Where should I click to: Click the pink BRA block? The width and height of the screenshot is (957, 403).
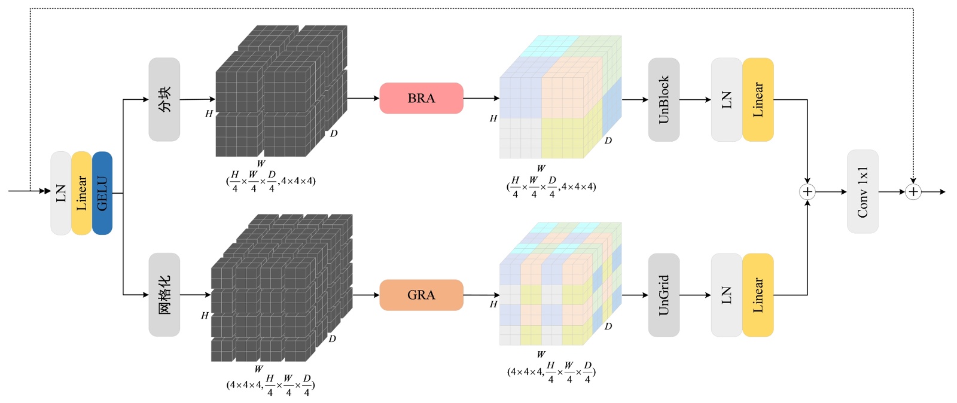pos(421,98)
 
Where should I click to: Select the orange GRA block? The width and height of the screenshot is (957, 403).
pos(421,295)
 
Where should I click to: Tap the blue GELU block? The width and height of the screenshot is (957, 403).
pos(102,193)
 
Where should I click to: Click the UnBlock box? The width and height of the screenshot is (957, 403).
pos(664,99)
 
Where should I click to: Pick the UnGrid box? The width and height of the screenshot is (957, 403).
pos(664,295)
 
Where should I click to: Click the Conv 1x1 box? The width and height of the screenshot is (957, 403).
pos(863,192)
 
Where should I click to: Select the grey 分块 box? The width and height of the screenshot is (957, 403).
pos(164,99)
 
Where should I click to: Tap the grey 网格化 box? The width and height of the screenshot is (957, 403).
pos(164,295)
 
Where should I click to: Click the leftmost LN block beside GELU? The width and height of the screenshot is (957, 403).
pos(61,193)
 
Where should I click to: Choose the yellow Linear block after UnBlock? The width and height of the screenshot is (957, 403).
pos(758,99)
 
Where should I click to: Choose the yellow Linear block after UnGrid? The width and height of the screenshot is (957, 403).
pos(758,295)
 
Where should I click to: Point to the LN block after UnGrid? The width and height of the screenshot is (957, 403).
pos(727,295)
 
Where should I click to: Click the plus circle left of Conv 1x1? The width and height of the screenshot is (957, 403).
pos(807,192)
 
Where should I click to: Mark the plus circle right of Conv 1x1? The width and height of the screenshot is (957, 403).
pos(913,192)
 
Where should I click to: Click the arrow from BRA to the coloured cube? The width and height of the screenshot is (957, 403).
pos(481,98)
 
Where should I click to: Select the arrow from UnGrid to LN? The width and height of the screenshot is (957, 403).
pos(695,295)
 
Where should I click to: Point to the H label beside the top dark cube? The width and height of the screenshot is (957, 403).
pos(209,114)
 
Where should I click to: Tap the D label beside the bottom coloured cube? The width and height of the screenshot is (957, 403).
pos(608,326)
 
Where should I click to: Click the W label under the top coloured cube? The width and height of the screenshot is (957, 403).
pos(541,168)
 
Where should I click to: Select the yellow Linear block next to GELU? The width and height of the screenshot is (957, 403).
pos(81,193)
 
